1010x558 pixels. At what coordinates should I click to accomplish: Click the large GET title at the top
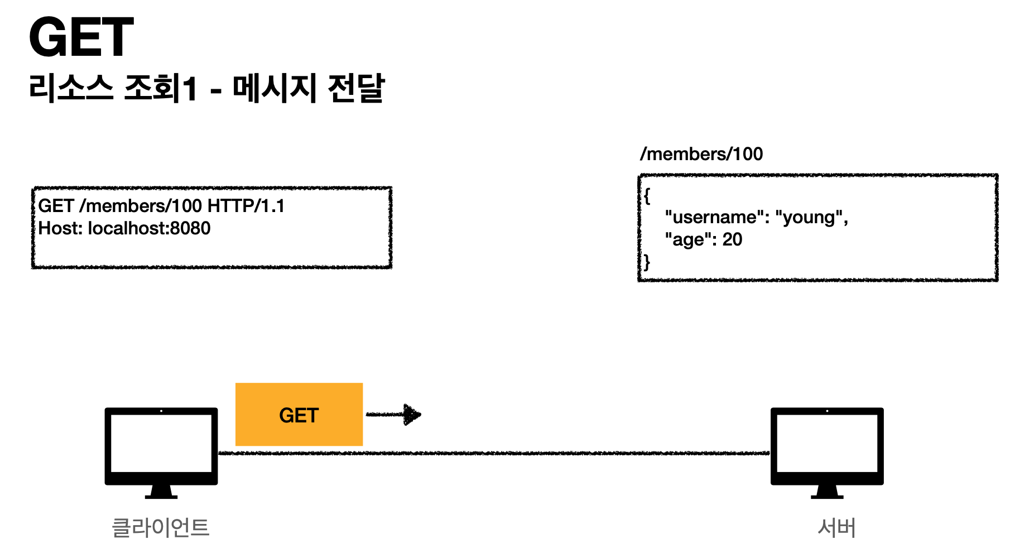[81, 37]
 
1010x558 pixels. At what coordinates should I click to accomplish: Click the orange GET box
[299, 415]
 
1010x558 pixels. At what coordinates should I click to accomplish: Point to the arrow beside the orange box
[394, 415]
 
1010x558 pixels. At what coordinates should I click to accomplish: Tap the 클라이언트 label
[161, 527]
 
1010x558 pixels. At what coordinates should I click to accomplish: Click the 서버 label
[836, 527]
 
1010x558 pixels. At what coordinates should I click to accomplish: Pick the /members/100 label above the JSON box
[701, 154]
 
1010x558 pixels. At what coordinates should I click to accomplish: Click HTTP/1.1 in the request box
[246, 206]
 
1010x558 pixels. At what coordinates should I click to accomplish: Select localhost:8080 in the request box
[149, 228]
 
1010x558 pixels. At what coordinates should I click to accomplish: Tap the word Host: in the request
[60, 228]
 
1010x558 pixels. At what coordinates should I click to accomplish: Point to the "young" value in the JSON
[810, 217]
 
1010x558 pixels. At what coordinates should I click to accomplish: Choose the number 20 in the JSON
[732, 239]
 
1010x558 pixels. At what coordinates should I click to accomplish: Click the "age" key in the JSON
[688, 239]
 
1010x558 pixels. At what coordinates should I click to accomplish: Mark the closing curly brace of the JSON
[647, 262]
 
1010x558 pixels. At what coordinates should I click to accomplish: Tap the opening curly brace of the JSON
[647, 196]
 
